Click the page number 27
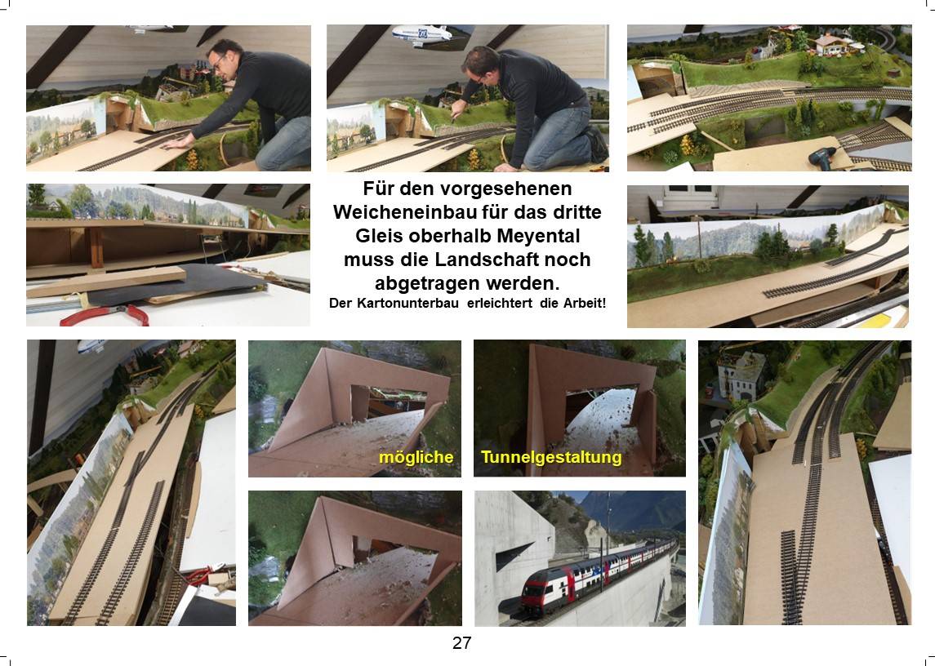[461, 643]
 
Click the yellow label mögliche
[416, 457]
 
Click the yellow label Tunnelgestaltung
[551, 457]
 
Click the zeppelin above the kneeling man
[421, 34]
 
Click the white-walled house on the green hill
[831, 45]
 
